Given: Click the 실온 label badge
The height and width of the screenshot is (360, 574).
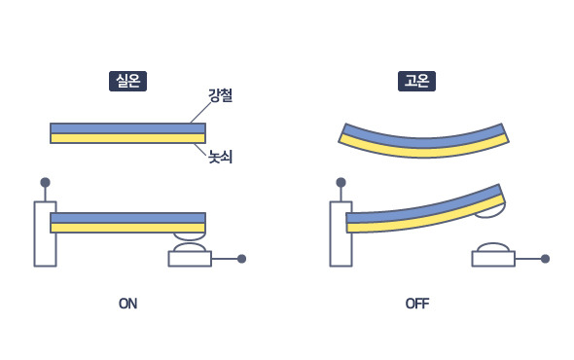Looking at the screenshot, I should (127, 81).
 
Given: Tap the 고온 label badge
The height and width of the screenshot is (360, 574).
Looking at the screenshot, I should (416, 81).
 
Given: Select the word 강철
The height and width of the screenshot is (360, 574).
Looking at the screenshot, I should (220, 95).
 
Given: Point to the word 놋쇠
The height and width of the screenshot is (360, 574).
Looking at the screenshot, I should (220, 156).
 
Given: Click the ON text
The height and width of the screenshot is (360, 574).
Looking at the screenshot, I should (127, 304).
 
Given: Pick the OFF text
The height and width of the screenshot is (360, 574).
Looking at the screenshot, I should (416, 304).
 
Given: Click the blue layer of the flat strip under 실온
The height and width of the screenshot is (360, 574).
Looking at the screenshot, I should (126, 127).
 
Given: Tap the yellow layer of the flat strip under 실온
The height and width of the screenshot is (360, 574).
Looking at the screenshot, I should (126, 138).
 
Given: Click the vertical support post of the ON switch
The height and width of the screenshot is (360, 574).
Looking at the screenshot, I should (45, 238).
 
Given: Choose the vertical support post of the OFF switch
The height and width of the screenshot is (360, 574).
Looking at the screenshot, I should (341, 238).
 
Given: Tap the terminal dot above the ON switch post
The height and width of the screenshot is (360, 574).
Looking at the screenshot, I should (45, 182).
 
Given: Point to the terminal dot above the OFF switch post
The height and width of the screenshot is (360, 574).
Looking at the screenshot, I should (341, 182).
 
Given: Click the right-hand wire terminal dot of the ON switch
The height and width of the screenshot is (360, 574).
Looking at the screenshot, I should (241, 259).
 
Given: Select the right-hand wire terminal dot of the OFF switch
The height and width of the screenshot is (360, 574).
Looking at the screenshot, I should (545, 259).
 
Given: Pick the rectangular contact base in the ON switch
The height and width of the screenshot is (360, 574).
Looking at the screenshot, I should (190, 259).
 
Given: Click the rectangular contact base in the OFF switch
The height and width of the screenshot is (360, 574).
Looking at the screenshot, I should (493, 259).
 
